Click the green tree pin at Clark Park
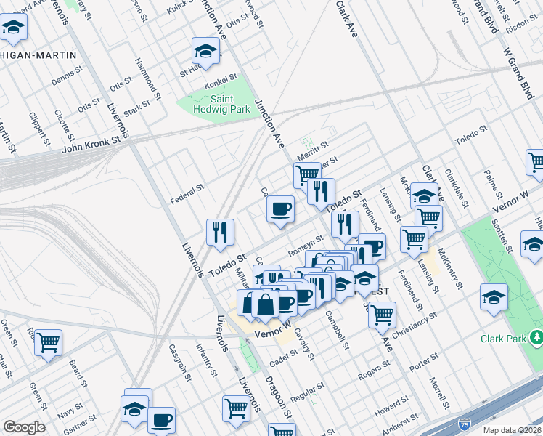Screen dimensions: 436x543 coord(536,337)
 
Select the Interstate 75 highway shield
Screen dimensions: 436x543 coord(464,422)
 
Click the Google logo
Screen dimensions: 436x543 coord(24,427)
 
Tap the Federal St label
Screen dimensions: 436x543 coord(187,193)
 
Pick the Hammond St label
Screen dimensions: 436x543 coord(148,80)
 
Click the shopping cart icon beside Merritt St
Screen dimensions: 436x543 coord(307,174)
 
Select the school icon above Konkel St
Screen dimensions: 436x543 coord(205,51)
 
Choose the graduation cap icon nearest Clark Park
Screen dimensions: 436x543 coord(494,296)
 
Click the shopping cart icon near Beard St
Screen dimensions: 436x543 coord(49,342)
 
